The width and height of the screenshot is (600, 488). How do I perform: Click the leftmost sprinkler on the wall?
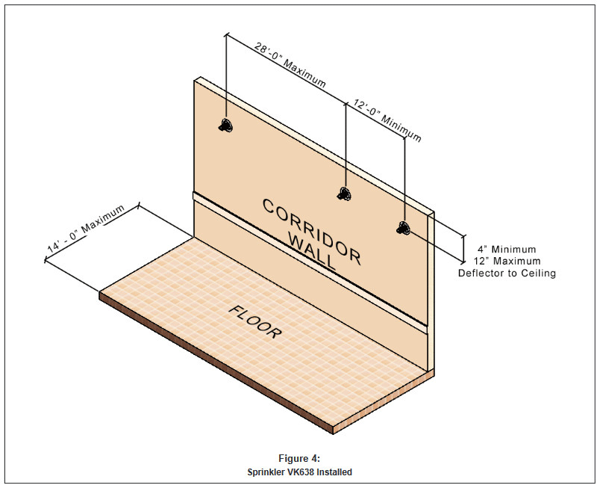(x=225, y=126)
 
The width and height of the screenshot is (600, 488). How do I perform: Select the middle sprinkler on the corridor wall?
(x=344, y=194)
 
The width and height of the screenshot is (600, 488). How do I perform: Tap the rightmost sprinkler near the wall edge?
(x=404, y=227)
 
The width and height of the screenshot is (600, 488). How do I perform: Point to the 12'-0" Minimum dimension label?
(x=386, y=120)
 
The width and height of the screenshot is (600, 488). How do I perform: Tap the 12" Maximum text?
(x=507, y=262)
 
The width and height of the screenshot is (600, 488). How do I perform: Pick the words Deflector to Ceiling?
(x=507, y=274)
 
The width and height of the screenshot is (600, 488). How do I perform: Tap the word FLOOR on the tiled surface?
(x=256, y=321)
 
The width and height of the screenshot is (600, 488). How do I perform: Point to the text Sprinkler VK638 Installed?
(x=299, y=472)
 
